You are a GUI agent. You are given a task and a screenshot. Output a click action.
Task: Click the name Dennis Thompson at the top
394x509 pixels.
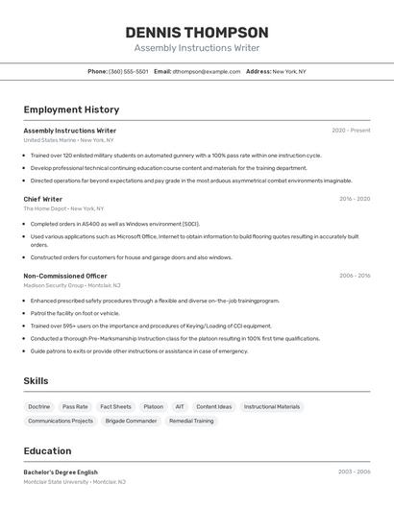pos(196,32)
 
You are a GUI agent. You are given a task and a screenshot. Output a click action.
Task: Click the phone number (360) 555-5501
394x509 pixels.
pos(128,71)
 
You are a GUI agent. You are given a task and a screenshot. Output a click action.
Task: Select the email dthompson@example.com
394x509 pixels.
pos(206,71)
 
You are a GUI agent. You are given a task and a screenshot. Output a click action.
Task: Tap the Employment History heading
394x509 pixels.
pos(71,109)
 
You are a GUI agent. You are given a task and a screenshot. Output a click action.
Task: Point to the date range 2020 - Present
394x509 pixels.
pos(351,131)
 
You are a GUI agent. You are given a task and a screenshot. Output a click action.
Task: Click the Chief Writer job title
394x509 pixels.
pos(43,199)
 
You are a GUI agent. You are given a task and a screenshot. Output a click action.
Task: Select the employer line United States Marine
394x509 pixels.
pos(63,140)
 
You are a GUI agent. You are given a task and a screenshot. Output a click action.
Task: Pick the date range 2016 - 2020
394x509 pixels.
pos(354,199)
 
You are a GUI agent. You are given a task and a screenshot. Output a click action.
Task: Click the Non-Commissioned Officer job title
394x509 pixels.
pos(65,276)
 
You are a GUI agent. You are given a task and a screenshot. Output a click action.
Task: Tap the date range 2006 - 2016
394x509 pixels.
pos(354,276)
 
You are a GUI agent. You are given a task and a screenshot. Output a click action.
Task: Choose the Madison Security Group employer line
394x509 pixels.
pos(72,285)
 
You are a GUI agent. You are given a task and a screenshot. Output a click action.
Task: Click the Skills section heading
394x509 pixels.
pos(36,381)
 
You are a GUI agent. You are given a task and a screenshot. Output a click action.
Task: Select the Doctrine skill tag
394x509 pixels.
pos(39,406)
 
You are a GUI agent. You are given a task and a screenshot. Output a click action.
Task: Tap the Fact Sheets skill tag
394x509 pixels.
pos(115,406)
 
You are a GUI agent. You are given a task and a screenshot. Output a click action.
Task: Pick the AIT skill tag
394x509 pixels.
pos(180,406)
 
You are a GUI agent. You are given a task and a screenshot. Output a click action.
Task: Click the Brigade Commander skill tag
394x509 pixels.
pos(131,421)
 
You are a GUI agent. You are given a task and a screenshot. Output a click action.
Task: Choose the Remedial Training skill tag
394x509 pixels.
pos(191,421)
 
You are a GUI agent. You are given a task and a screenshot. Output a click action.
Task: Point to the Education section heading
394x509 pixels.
pos(47,451)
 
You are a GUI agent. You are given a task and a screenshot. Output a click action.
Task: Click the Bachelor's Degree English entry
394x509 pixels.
pos(61,473)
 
